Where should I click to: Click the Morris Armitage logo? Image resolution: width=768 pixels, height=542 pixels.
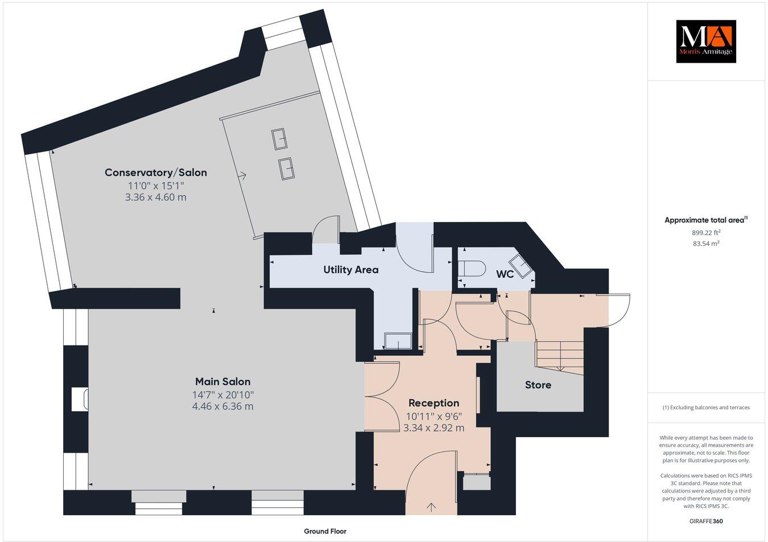click(x=705, y=41)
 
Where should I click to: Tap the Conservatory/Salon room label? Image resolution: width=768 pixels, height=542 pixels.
click(x=155, y=173)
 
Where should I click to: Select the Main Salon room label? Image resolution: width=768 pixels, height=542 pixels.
click(x=222, y=381)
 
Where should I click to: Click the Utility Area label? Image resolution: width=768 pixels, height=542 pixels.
click(x=350, y=269)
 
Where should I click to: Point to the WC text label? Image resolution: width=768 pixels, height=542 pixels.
click(x=505, y=274)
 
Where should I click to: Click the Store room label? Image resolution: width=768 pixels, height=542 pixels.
click(x=538, y=385)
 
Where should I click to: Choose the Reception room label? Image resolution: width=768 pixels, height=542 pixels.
click(x=433, y=403)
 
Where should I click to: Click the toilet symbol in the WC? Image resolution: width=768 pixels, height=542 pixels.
click(x=471, y=268)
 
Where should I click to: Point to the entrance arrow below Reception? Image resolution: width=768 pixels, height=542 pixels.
click(x=431, y=506)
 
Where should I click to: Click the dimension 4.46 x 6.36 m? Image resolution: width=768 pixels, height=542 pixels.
click(x=222, y=406)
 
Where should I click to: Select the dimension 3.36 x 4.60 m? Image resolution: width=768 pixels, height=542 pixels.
click(x=155, y=198)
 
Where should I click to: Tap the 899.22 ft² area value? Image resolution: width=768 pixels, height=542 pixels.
click(x=705, y=232)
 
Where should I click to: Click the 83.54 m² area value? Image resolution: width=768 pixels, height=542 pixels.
click(x=705, y=244)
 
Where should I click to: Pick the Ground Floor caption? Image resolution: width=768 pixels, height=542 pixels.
click(x=325, y=531)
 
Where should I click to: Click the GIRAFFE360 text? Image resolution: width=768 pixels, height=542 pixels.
click(x=705, y=521)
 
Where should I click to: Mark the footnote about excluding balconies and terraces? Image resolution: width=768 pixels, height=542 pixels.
click(x=705, y=408)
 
